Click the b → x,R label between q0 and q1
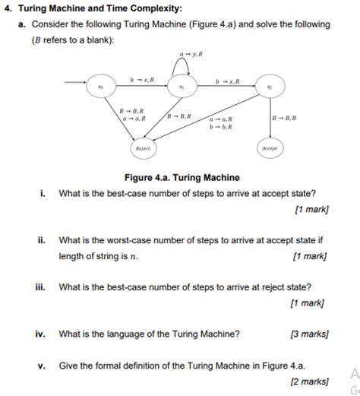(142, 79)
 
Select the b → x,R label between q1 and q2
(227, 79)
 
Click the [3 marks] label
(309, 333)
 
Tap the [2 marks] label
(309, 380)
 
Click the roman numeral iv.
(41, 333)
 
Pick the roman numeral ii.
(43, 240)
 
